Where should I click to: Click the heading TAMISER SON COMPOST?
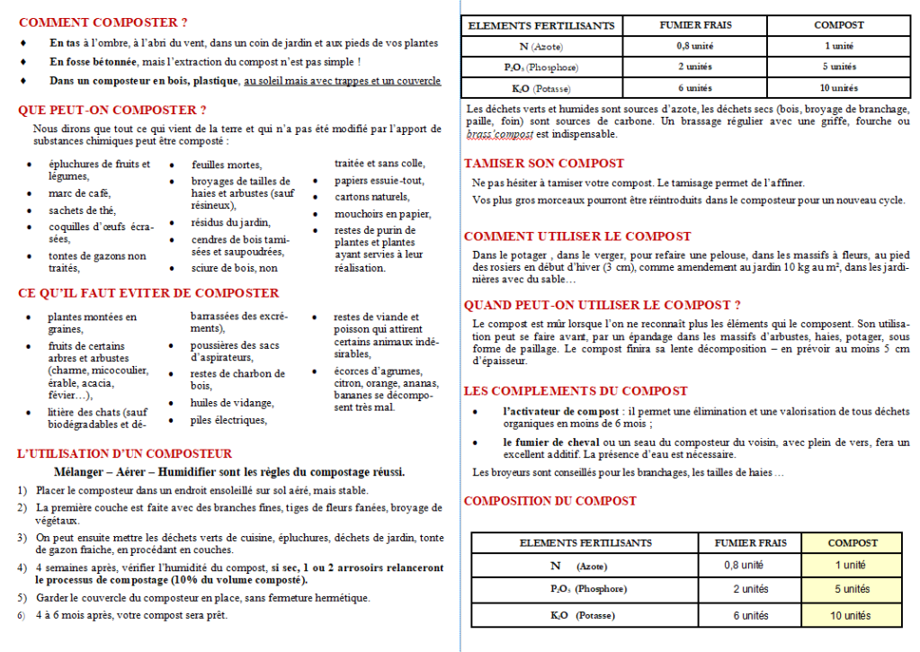(x=543, y=164)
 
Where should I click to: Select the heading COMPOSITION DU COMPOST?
(x=549, y=501)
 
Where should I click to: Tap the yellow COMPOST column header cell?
(x=852, y=542)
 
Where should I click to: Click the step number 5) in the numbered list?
(x=22, y=598)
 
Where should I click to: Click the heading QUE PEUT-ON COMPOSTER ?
(x=112, y=110)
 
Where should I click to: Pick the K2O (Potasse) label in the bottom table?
(x=571, y=616)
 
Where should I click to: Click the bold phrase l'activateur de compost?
(x=561, y=411)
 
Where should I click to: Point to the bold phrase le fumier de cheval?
(x=545, y=442)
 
